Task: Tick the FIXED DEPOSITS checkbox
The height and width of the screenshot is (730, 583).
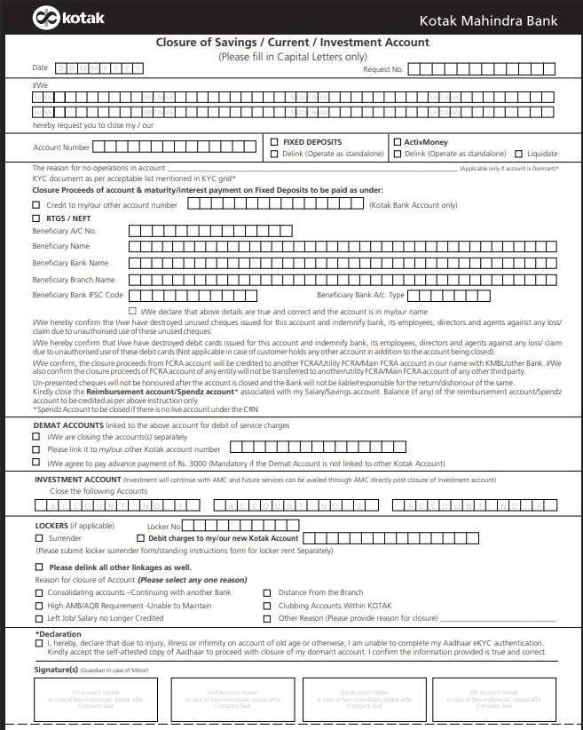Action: (x=274, y=142)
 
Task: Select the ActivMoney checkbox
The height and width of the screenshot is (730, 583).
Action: (x=396, y=142)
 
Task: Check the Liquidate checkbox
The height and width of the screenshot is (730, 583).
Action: (x=518, y=154)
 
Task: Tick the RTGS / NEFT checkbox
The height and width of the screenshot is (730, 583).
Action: (x=36, y=218)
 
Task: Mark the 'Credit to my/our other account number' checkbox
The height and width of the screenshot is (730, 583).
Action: (x=36, y=205)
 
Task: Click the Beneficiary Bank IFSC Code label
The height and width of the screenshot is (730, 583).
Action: (x=77, y=295)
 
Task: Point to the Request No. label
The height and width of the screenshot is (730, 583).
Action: (x=382, y=68)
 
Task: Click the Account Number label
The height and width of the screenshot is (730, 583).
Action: (x=61, y=147)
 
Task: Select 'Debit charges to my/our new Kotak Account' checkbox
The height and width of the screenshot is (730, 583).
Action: (x=140, y=538)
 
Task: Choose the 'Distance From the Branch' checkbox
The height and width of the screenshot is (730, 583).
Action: (x=268, y=592)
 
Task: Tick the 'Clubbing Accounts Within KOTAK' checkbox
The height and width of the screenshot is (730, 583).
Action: (x=268, y=605)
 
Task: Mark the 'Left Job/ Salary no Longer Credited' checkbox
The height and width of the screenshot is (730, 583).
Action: (x=37, y=618)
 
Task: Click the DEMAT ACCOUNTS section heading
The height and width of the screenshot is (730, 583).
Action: (x=68, y=425)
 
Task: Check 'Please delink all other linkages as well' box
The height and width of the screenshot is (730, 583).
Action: (x=37, y=567)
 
